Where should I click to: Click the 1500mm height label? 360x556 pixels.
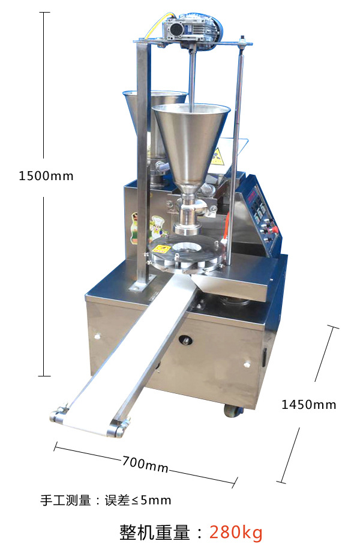(x=46, y=176)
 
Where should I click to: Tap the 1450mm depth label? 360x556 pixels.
(x=308, y=405)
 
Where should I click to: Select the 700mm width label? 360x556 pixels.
(x=145, y=464)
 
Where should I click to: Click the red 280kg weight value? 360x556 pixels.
(x=236, y=532)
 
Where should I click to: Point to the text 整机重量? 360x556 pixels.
(x=155, y=532)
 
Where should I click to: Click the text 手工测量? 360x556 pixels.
(x=65, y=500)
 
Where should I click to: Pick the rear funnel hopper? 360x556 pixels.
(x=156, y=113)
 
